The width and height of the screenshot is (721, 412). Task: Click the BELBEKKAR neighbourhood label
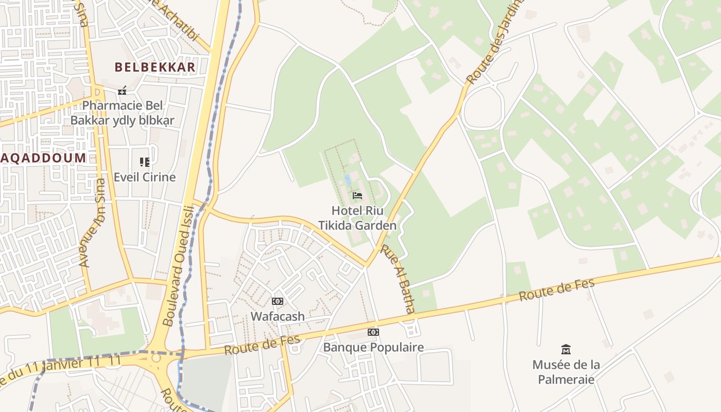[x=155, y=67]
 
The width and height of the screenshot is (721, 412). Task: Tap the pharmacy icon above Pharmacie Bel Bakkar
[x=122, y=91]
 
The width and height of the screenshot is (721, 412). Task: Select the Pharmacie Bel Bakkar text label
[x=123, y=113]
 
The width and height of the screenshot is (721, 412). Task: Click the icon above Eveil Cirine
[x=145, y=162]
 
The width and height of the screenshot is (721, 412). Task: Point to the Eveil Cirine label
[x=145, y=177]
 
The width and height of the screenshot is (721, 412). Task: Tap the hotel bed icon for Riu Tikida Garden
[x=357, y=196]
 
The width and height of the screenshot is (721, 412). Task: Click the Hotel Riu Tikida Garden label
[x=357, y=218]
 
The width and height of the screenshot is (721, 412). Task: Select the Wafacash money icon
[x=278, y=301]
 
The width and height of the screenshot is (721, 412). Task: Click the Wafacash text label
[x=278, y=316]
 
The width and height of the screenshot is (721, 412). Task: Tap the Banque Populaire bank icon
[x=373, y=332]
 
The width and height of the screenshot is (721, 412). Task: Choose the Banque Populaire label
[x=373, y=347]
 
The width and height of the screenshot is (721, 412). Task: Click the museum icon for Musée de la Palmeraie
[x=566, y=350]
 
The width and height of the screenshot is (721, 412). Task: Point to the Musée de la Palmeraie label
[x=566, y=372]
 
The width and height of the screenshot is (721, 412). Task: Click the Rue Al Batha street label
[x=398, y=279]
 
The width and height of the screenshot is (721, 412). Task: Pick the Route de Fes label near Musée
[x=557, y=289]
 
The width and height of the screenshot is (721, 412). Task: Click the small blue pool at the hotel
[x=348, y=179]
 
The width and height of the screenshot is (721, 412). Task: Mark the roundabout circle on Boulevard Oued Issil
[x=156, y=357]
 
